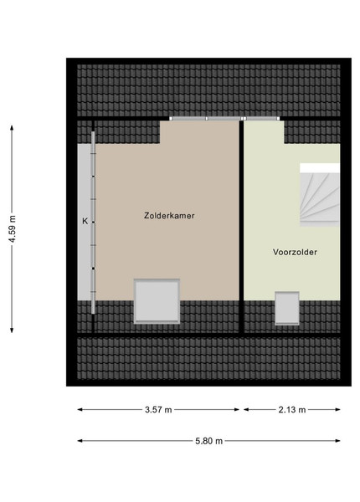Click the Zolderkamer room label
[169, 216]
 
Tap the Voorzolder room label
[295, 252]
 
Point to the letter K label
[85, 221]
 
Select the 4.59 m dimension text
[13, 228]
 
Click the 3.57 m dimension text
[158, 409]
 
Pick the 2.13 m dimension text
[292, 409]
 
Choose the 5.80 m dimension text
[208, 441]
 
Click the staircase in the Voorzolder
[320, 199]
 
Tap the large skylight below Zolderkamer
[157, 301]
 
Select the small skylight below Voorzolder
[287, 308]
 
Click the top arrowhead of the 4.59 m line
[13, 127]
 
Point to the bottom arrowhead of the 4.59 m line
[13, 330]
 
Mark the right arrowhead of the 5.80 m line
[337, 441]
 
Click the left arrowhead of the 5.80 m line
[80, 441]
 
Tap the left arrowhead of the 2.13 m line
[246, 409]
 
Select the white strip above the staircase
[320, 168]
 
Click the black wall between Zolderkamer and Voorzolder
[241, 227]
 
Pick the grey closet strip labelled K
[84, 222]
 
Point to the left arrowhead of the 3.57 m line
[80, 409]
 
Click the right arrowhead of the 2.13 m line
[337, 409]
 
